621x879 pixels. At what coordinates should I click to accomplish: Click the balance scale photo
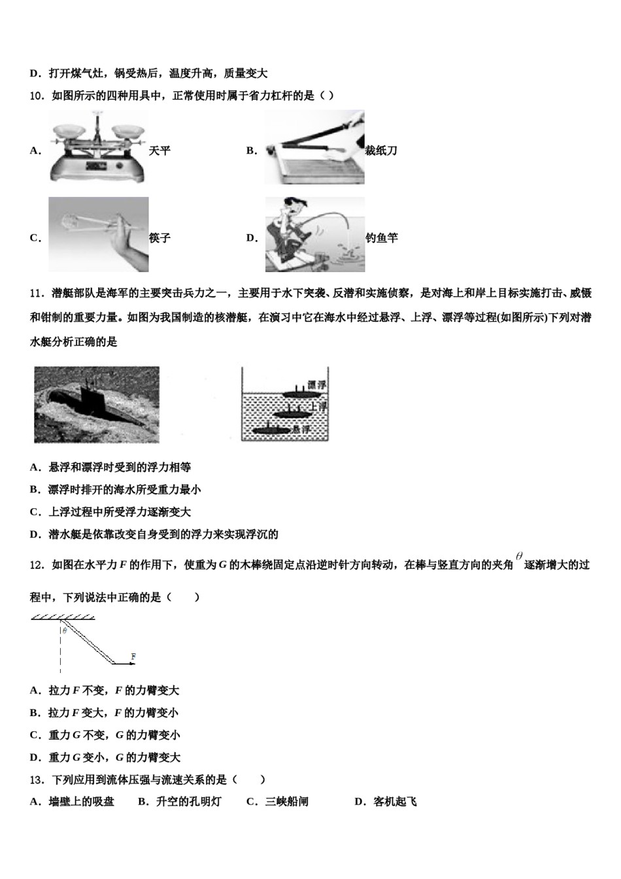[x=98, y=146]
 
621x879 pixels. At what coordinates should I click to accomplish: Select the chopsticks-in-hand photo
[x=98, y=234]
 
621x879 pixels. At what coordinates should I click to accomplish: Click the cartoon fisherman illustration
[x=314, y=234]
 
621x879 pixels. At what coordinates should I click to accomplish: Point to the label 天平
[x=159, y=151]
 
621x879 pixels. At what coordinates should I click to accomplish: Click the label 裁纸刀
[x=381, y=151]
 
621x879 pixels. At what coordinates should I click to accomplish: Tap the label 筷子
[x=159, y=238]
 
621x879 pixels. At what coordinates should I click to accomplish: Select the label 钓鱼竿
[x=381, y=238]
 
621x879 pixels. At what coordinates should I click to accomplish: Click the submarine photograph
[x=97, y=404]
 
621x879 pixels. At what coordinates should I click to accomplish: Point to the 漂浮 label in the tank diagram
[x=317, y=385]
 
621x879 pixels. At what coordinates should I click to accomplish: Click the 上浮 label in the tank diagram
[x=318, y=407]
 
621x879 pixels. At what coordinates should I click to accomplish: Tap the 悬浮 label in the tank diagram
[x=301, y=429]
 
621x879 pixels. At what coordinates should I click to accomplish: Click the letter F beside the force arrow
[x=133, y=655]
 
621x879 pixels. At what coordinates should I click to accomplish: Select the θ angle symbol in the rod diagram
[x=65, y=631]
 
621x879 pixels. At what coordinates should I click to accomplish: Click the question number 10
[x=37, y=96]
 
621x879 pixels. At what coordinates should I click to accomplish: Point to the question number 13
[x=37, y=780]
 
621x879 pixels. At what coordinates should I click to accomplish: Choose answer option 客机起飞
[x=394, y=802]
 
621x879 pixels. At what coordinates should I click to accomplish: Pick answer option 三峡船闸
[x=286, y=802]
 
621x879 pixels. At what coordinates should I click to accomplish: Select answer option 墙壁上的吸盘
[x=81, y=802]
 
